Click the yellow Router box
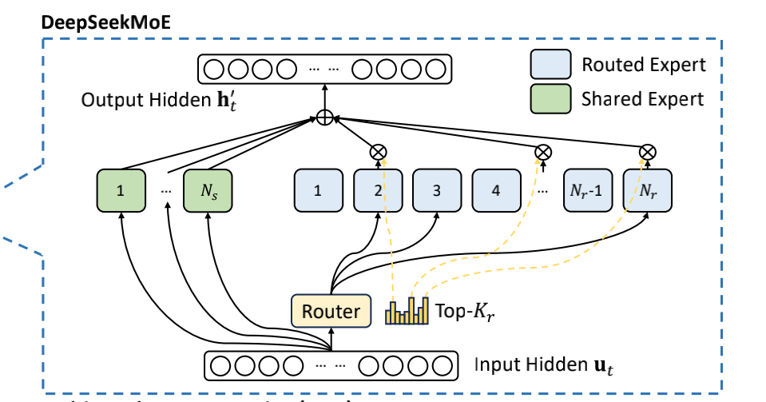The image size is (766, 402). click(x=331, y=311)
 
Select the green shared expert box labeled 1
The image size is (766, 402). click(x=121, y=190)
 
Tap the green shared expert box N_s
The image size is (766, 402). click(x=208, y=190)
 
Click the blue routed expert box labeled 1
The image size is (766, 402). click(x=319, y=190)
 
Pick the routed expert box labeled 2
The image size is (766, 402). click(x=378, y=190)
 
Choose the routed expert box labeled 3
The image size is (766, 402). click(x=437, y=190)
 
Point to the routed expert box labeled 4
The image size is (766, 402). click(x=496, y=190)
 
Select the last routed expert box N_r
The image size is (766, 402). click(x=648, y=190)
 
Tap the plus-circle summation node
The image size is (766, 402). click(x=323, y=118)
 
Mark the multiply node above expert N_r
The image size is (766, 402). click(x=648, y=150)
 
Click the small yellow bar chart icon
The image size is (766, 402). click(x=407, y=311)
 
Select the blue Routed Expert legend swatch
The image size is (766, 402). click(x=550, y=64)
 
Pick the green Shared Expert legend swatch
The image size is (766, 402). click(x=550, y=99)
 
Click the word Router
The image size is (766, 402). click(x=331, y=311)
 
